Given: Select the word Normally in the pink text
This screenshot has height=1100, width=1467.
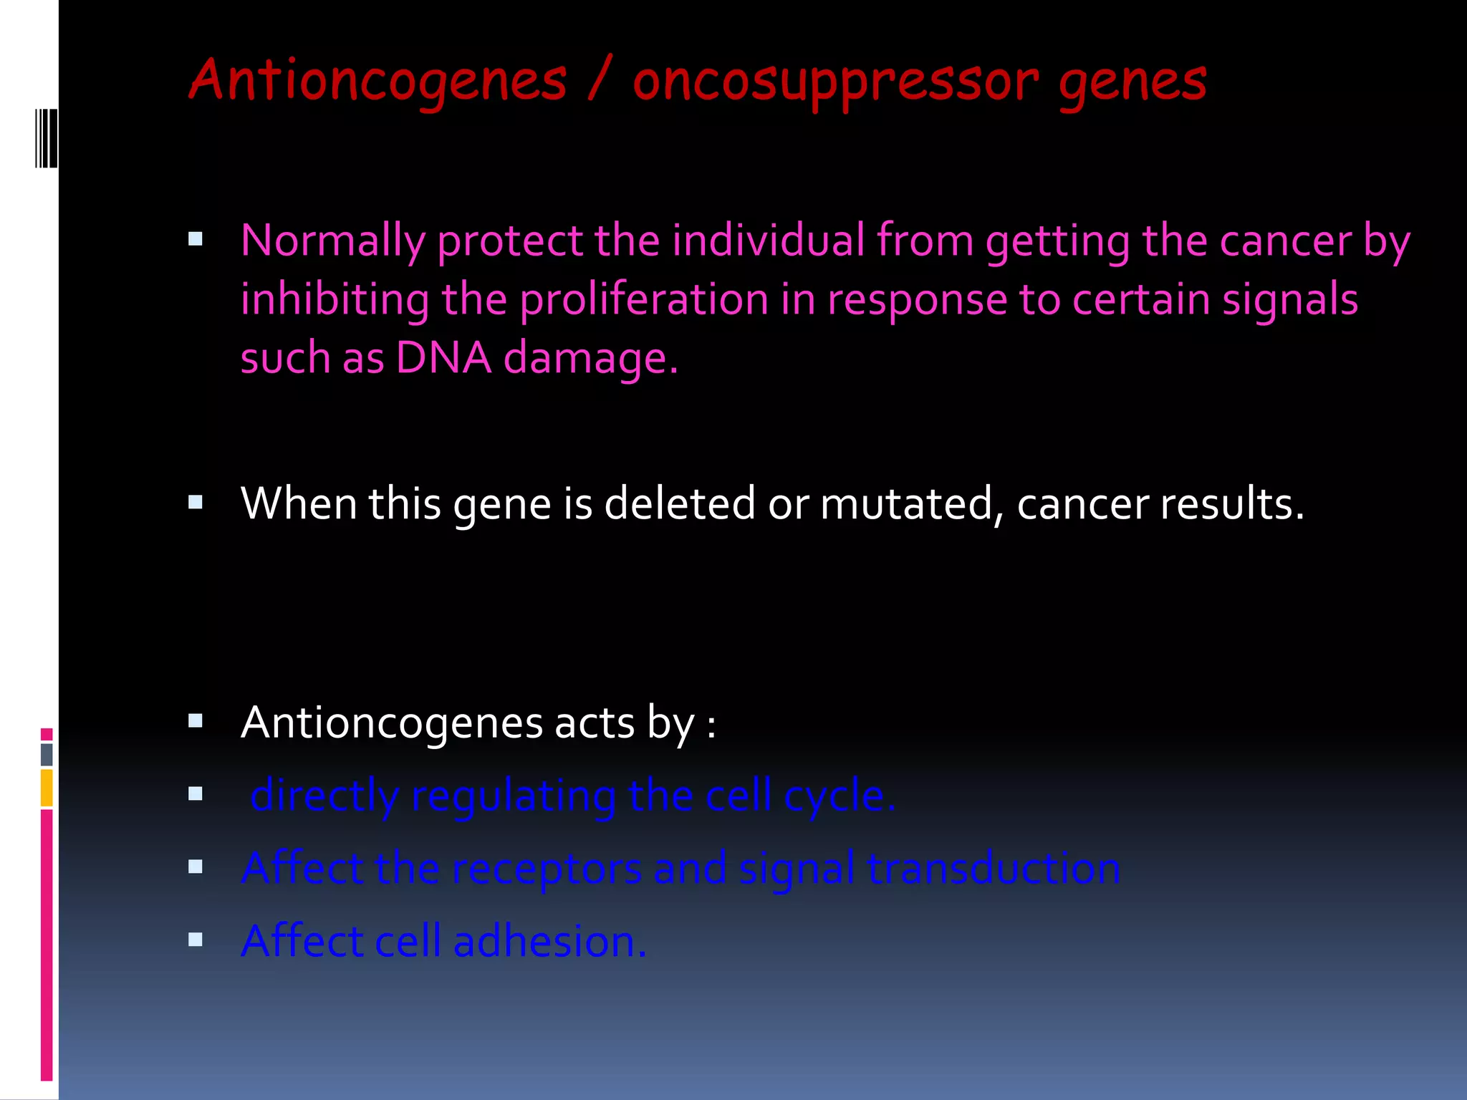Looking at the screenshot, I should (332, 241).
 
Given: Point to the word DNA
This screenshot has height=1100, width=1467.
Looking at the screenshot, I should (443, 357).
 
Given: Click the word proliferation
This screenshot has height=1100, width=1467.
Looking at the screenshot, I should (644, 299).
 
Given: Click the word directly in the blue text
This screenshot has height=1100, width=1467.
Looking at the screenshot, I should (324, 796).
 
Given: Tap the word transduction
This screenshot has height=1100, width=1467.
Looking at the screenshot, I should (994, 869).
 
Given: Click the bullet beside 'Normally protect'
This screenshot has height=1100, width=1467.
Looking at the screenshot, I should (196, 239).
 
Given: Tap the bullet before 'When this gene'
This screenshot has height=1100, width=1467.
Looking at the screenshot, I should (196, 502).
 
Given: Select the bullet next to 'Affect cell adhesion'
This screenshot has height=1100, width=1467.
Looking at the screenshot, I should (196, 940).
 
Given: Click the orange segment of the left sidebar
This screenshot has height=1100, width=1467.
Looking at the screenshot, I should (47, 788).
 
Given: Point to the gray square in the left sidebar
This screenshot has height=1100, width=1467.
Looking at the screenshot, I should (47, 754).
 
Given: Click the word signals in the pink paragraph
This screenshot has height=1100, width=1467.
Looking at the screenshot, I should (1290, 299).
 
